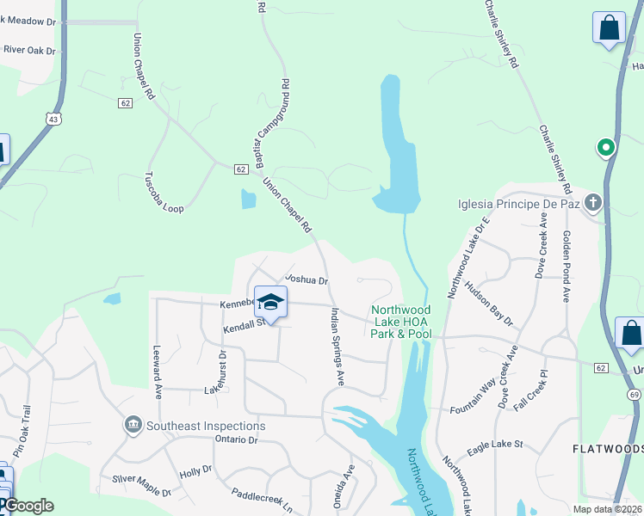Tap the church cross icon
591,204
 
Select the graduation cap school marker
270,304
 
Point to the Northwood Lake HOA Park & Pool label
401,322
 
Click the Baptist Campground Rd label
272,125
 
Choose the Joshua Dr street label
307,279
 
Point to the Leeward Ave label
158,371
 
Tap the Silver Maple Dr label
141,486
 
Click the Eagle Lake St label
495,444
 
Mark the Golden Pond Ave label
567,266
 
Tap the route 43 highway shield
54,120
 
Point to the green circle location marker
606,148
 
